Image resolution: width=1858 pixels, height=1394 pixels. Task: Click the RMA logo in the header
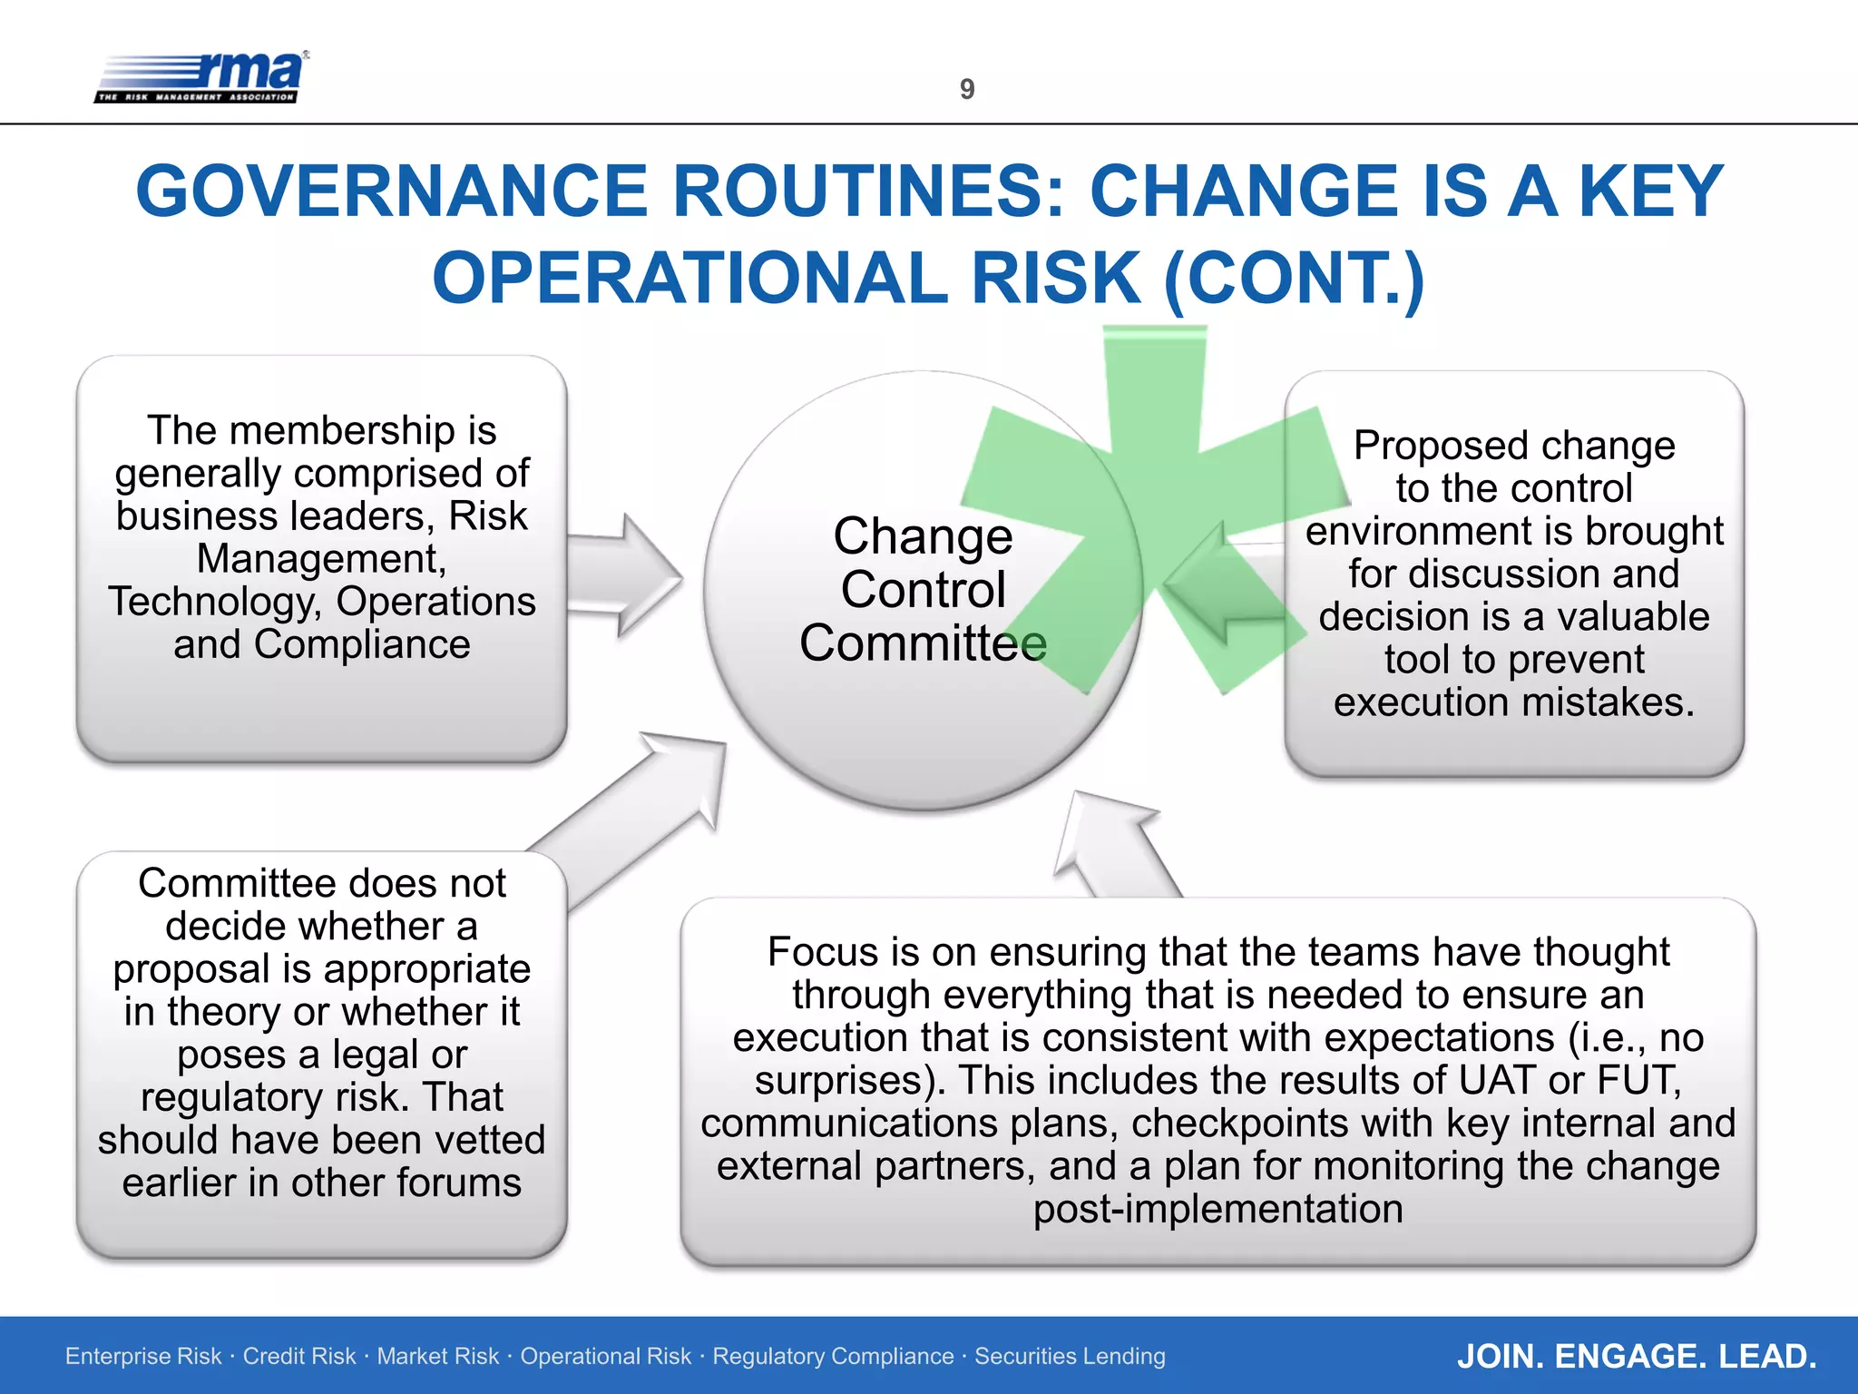[201, 78]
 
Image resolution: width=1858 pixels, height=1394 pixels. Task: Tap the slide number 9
[967, 89]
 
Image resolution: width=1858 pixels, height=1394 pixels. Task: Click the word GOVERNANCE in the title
[391, 191]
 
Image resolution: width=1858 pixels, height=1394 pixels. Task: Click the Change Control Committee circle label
[923, 590]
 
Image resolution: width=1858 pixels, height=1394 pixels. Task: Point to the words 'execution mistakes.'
[1513, 702]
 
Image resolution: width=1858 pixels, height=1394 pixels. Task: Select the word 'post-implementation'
[1217, 1210]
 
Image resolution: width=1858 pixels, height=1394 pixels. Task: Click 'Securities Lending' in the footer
[1070, 1357]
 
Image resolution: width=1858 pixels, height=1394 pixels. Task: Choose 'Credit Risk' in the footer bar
[299, 1357]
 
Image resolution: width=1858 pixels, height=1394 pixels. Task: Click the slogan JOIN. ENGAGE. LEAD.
[1636, 1357]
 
